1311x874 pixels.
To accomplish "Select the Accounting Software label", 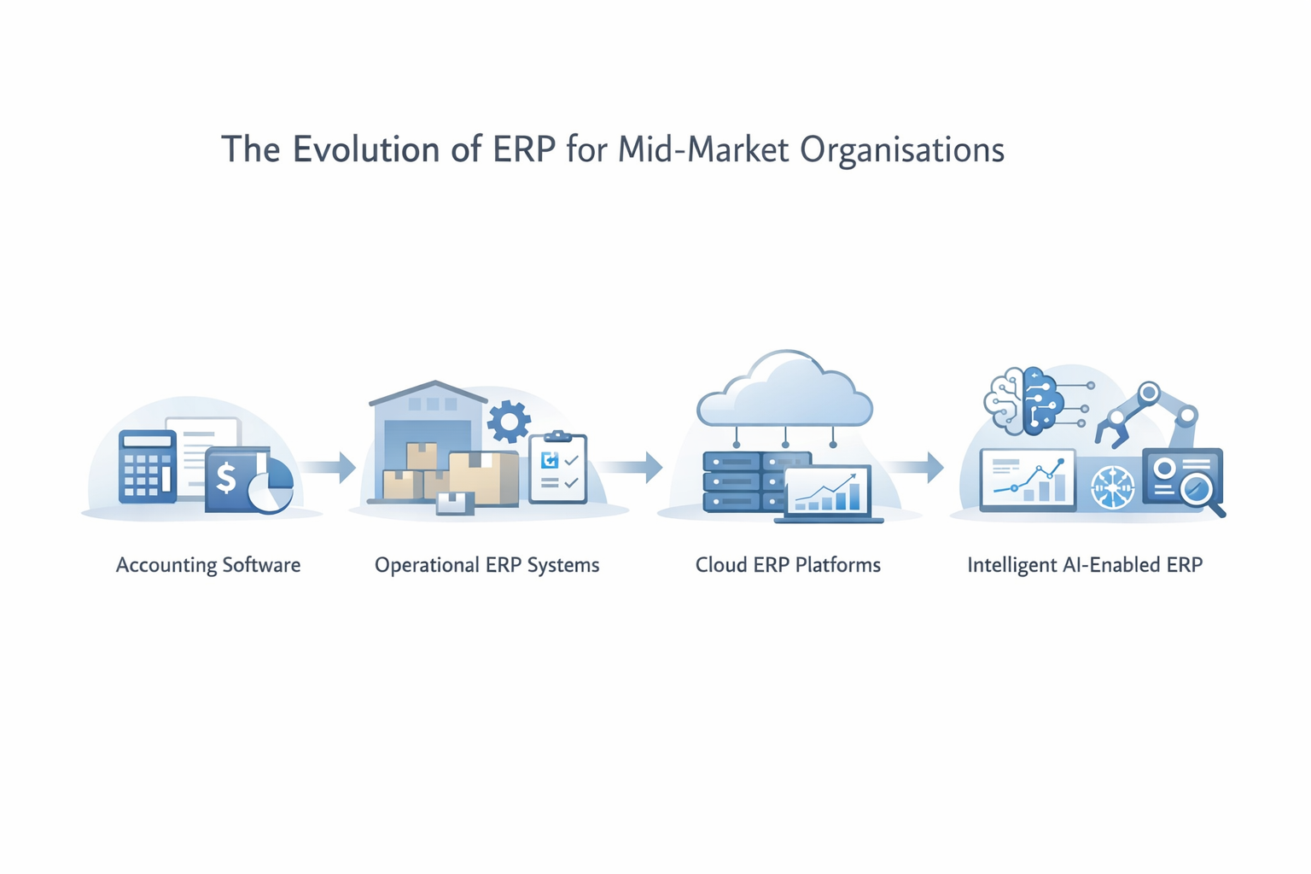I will [x=208, y=565].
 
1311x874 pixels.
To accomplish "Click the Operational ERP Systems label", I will [x=487, y=565].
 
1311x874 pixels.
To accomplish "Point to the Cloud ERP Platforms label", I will [x=788, y=565].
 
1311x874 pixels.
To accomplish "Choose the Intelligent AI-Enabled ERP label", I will [x=1085, y=565].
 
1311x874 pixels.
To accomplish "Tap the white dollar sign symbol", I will [x=225, y=478].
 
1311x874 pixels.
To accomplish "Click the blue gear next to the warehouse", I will [x=509, y=422].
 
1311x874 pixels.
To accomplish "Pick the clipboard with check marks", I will [x=558, y=469].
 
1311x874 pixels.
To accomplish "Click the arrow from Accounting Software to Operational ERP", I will [x=329, y=467].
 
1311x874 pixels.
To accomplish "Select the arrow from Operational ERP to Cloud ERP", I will [x=632, y=467].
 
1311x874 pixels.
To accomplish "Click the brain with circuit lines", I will [x=1024, y=399].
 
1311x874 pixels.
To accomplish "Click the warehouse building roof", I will [x=431, y=392].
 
